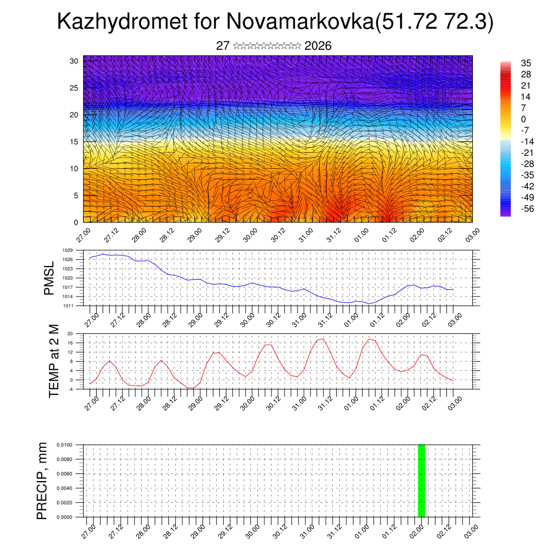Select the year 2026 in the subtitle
coord(318,46)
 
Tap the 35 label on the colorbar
coord(526,63)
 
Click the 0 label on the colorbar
coord(523,119)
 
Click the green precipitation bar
coord(421,481)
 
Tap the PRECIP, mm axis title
coord(42,481)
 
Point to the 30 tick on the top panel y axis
coord(74,61)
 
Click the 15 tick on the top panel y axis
coord(74,142)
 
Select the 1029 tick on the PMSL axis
coord(67,250)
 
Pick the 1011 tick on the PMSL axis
coord(67,306)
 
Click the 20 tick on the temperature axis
coord(71,333)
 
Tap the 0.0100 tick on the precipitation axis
coord(64,445)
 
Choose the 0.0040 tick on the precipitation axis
coord(64,488)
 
